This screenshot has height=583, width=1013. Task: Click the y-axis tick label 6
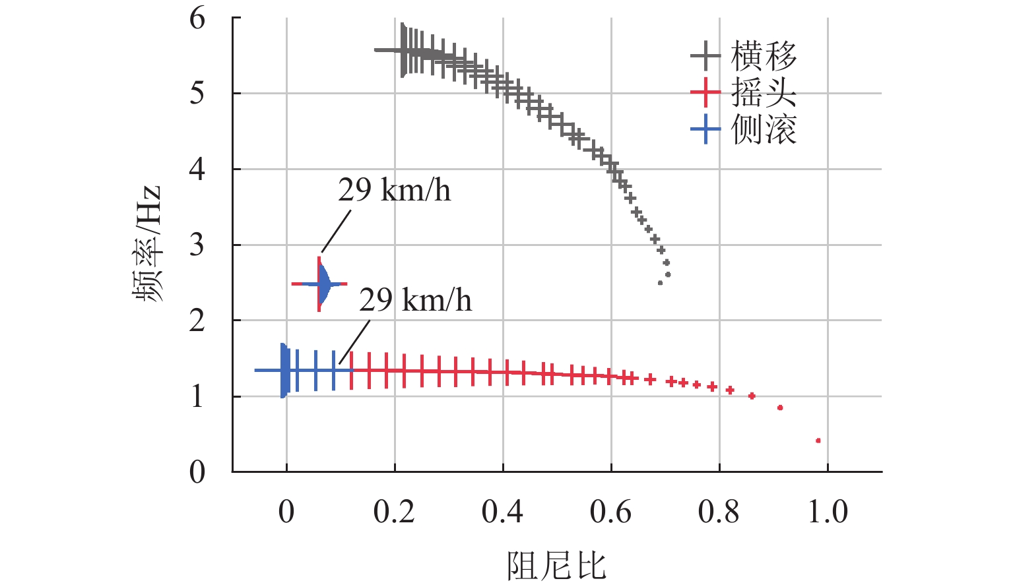[197, 18]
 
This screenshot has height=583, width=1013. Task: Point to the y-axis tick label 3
[197, 245]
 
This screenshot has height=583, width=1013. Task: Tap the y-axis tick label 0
[197, 472]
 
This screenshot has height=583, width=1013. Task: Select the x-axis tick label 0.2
[394, 512]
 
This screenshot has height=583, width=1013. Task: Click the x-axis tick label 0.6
[610, 512]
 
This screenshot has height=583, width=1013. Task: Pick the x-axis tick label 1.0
[828, 512]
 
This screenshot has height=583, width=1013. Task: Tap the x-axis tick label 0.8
[719, 512]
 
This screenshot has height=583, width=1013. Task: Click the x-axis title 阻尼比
[556, 565]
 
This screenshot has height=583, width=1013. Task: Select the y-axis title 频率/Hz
[148, 244]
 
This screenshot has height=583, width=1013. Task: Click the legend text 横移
[764, 56]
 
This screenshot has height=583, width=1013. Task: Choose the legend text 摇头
[764, 92]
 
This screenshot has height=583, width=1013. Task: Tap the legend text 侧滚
[764, 129]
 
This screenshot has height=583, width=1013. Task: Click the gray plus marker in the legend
[705, 56]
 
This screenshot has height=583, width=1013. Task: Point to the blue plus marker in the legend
[705, 129]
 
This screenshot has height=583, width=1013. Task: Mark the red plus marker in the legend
[705, 92]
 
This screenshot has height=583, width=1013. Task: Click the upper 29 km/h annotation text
[394, 191]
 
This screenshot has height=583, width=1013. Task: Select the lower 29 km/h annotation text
[415, 301]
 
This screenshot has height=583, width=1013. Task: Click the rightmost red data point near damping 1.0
[818, 440]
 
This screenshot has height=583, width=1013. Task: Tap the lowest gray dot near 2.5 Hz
[660, 283]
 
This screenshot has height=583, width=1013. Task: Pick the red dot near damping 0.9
[780, 408]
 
